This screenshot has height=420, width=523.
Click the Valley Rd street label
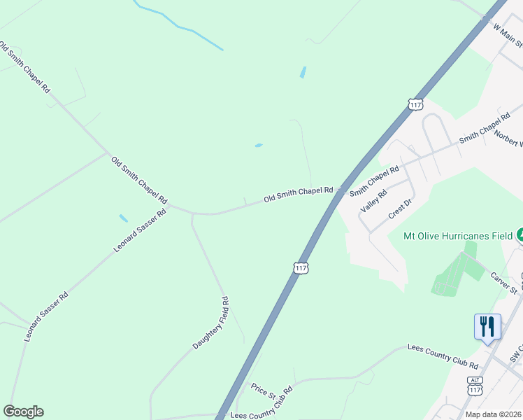tap(373, 201)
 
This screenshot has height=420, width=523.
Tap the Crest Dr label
tap(402, 209)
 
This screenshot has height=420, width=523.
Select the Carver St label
tap(503, 283)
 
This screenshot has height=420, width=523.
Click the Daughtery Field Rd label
tap(212, 323)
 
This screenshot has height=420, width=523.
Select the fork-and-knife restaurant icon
tap(487, 326)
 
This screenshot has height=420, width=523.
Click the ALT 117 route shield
tap(475, 385)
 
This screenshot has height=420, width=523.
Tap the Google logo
tap(23, 412)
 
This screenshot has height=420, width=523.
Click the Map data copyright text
tap(494, 414)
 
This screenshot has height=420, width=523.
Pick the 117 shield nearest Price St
tap(301, 268)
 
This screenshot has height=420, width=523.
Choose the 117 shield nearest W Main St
tap(415, 104)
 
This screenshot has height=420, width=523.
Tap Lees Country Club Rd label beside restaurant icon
tap(443, 356)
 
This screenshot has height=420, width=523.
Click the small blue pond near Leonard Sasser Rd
tap(124, 218)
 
